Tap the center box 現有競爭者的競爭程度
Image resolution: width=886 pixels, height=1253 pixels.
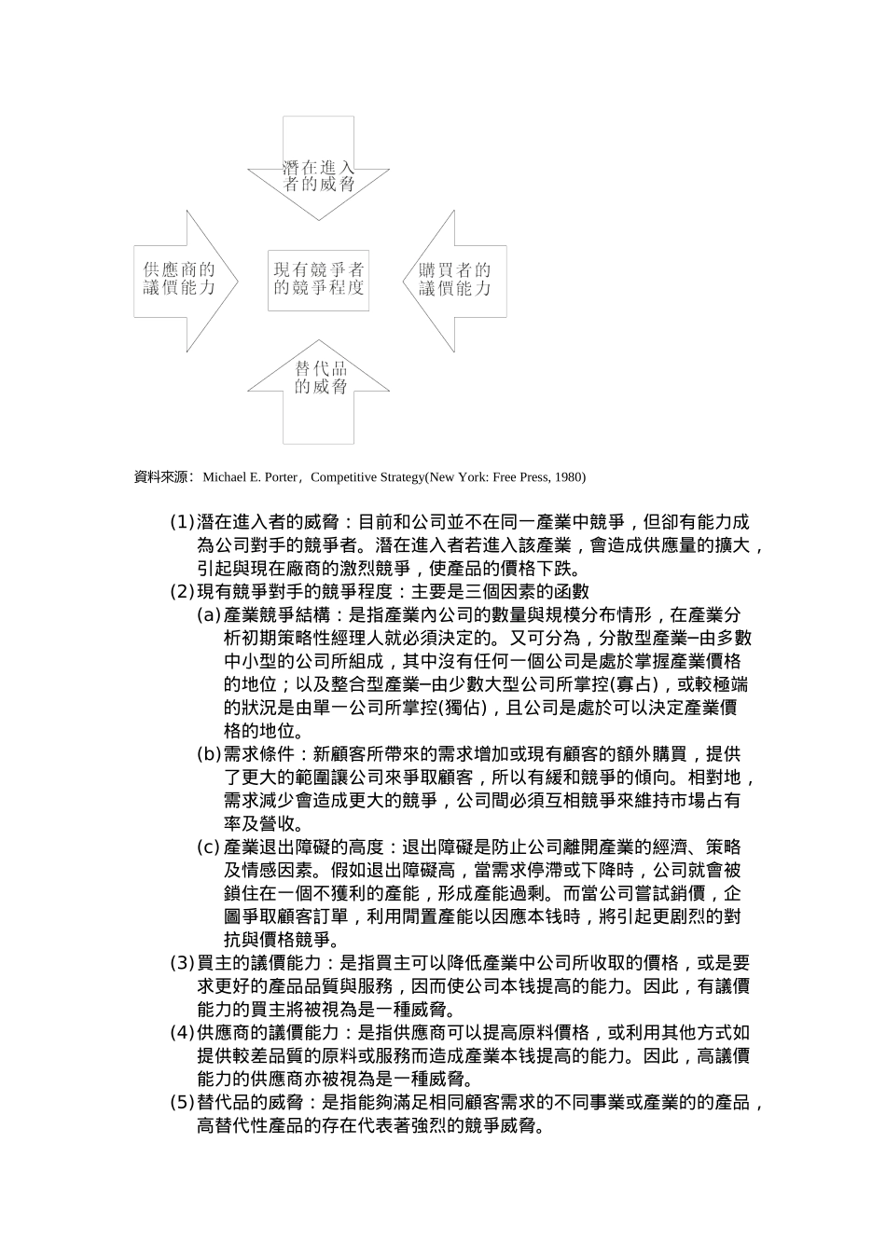(319, 278)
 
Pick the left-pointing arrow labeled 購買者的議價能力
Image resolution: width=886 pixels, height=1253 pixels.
(455, 279)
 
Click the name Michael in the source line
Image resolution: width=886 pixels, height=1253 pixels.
(222, 477)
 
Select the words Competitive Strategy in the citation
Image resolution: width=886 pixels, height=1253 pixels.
(367, 477)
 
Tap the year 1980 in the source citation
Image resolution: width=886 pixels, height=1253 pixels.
(568, 477)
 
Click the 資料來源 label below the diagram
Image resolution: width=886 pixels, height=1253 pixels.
(161, 477)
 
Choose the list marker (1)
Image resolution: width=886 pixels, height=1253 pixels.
(182, 522)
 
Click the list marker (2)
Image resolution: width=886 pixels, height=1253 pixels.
(182, 592)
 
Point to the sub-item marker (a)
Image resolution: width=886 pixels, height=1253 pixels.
(209, 615)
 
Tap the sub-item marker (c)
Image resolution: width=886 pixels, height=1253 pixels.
(209, 847)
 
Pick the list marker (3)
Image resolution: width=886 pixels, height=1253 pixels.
(182, 963)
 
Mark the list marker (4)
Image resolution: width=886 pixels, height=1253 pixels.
(182, 1033)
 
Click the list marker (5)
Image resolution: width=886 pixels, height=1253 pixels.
(182, 1103)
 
